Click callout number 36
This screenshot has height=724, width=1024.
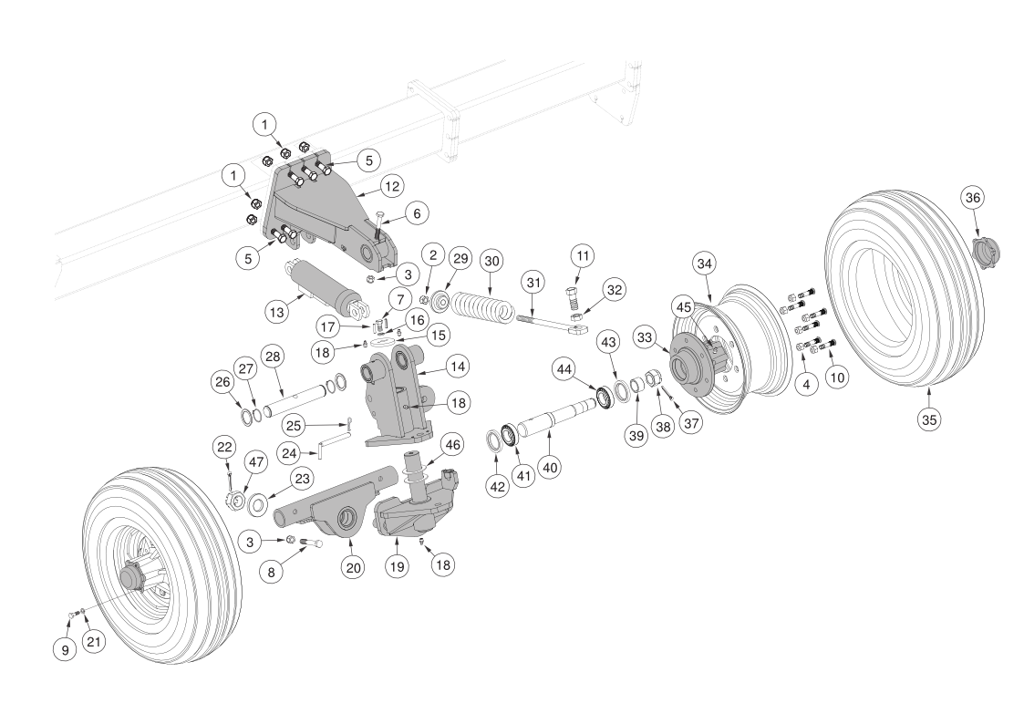pos(973,198)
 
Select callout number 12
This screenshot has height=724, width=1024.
pos(391,187)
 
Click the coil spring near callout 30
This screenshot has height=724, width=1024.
pos(484,306)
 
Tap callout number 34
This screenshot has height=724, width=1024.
pos(704,264)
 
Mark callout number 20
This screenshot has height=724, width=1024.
pos(354,567)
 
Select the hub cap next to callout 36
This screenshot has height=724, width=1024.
pos(985,249)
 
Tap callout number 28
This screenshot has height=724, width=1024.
pos(271,354)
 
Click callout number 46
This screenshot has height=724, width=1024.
pos(452,445)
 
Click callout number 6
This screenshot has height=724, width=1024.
pos(416,212)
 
